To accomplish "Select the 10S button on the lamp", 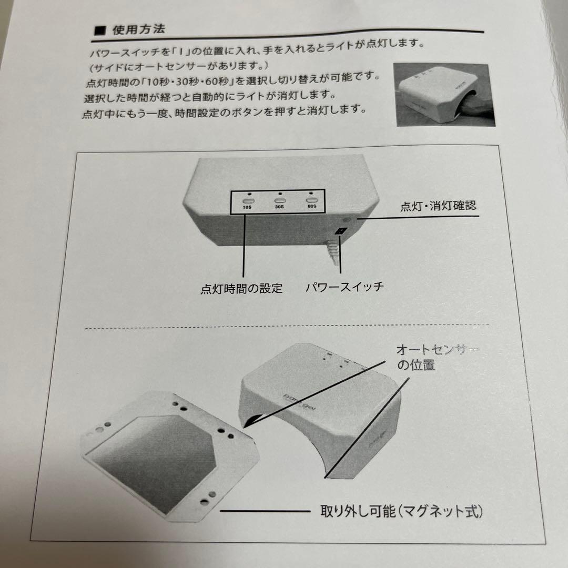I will click(x=248, y=200).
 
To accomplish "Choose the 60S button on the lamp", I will click(x=312, y=200).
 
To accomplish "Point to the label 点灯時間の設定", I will click(x=241, y=288).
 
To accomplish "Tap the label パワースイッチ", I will click(x=344, y=287).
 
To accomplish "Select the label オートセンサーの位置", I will click(x=431, y=357).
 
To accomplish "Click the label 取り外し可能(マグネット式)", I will click(x=401, y=511).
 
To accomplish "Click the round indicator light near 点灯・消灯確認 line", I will click(x=347, y=219).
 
